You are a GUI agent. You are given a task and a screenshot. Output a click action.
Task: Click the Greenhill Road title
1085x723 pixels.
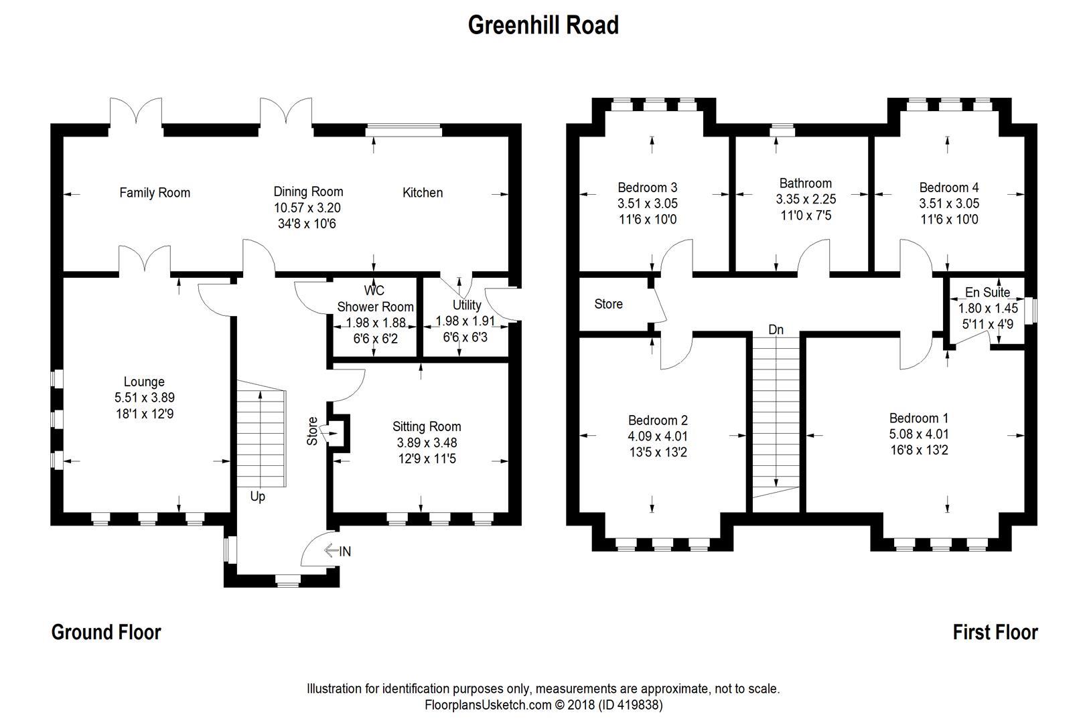(x=542, y=25)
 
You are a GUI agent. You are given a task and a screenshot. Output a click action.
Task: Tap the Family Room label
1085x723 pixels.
(x=155, y=193)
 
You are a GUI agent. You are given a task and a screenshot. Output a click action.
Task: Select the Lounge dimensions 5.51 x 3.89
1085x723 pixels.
(x=144, y=398)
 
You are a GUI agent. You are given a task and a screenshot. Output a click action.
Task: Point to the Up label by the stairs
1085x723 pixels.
(x=257, y=496)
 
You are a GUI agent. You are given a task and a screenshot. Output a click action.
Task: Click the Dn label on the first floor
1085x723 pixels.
(x=776, y=330)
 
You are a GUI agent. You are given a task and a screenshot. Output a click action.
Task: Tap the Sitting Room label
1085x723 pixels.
(x=427, y=426)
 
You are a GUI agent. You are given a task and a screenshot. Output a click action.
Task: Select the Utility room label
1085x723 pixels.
(x=467, y=305)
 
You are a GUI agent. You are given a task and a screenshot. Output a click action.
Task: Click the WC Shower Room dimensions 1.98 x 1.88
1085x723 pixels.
(x=376, y=323)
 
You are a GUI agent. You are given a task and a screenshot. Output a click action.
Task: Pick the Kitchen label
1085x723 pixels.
(x=422, y=193)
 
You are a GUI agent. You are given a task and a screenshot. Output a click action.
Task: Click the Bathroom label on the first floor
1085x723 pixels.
(x=805, y=183)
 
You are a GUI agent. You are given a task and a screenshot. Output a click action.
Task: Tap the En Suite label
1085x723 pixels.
(x=987, y=293)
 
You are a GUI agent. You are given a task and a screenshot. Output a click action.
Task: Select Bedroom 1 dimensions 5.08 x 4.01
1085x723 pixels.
(x=918, y=434)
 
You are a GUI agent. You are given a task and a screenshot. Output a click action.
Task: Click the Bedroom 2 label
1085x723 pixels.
(x=658, y=420)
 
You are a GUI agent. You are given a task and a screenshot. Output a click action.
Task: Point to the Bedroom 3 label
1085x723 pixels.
(x=648, y=187)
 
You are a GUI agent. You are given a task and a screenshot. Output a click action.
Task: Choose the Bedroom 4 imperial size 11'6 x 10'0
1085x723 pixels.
(x=948, y=220)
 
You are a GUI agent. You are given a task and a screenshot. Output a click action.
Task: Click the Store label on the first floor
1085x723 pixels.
(x=608, y=304)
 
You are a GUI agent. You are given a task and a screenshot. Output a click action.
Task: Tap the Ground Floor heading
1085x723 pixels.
(x=106, y=632)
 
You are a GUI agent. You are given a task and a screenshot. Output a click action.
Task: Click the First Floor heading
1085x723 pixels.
(x=995, y=632)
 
